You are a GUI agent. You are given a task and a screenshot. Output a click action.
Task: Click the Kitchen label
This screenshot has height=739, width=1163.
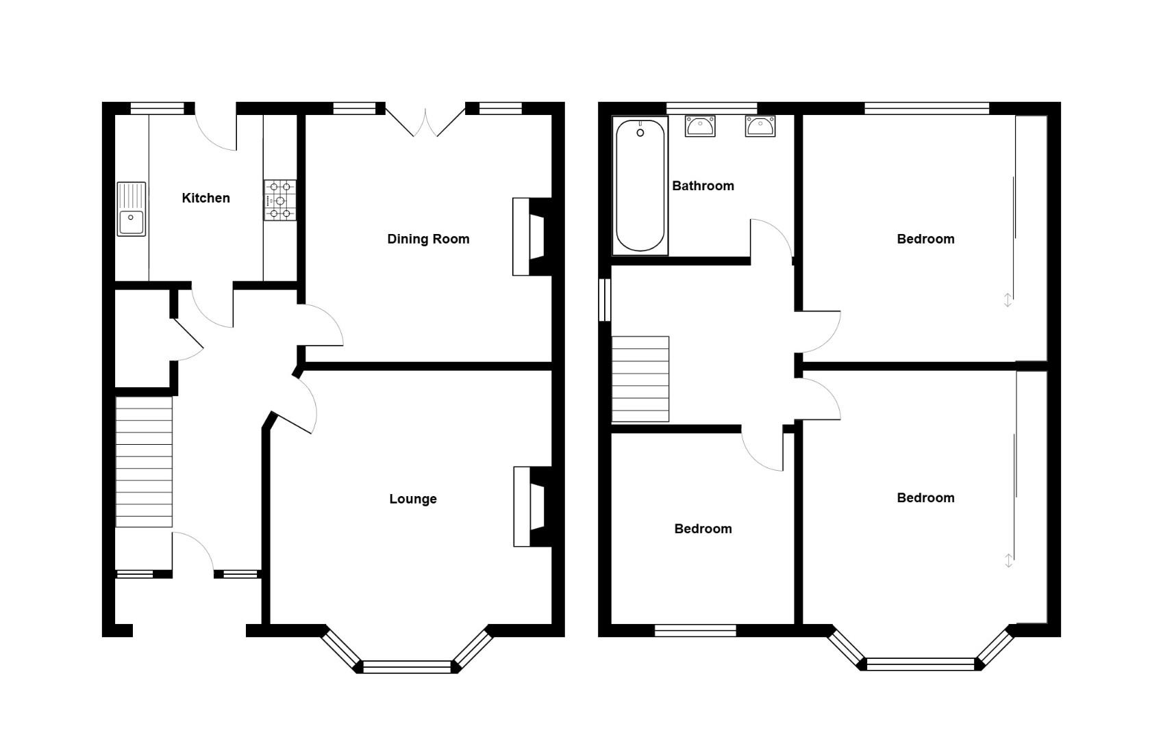point(205,198)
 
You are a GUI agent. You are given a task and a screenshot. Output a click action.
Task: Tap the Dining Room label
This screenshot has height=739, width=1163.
point(428,239)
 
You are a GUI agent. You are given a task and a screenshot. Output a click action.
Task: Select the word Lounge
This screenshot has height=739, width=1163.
point(412,500)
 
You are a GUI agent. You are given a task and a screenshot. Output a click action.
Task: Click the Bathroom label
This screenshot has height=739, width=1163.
point(703,186)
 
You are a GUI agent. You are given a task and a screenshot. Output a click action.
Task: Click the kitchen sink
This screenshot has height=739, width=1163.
point(132,209)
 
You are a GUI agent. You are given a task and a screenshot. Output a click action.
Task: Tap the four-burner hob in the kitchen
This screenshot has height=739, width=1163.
point(280,200)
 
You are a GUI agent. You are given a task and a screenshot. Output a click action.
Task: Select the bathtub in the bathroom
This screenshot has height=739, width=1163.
point(640,186)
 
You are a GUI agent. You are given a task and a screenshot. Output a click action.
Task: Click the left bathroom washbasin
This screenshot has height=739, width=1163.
point(700,127)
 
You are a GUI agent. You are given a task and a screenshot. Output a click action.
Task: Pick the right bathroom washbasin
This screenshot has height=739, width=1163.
point(760,127)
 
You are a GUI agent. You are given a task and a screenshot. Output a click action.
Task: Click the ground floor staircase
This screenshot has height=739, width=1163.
point(144,462)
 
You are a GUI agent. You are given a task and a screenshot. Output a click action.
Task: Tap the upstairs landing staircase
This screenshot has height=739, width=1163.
point(640,379)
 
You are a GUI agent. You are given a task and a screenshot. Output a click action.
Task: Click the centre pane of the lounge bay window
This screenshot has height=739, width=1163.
point(408,666)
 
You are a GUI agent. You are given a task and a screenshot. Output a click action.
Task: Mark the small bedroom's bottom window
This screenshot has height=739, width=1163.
point(695,630)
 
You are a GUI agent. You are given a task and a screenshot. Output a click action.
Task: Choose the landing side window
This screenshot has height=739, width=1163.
point(605,299)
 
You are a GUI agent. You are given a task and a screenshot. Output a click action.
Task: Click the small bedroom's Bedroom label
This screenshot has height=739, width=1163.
point(703,529)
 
